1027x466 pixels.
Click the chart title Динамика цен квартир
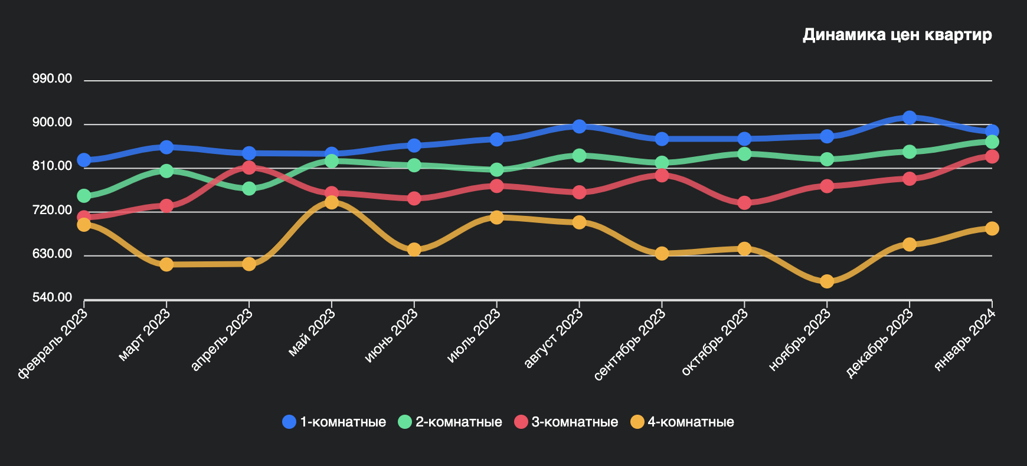click(897, 35)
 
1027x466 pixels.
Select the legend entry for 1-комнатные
click(335, 422)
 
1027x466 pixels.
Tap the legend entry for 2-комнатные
click(450, 422)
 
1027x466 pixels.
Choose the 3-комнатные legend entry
click(567, 422)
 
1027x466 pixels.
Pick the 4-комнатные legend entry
click(683, 422)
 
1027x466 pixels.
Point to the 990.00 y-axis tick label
click(53, 79)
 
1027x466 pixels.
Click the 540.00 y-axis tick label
click(53, 297)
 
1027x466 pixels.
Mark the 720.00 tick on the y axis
click(53, 210)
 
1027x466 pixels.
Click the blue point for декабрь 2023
click(910, 117)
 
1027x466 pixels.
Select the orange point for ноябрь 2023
click(827, 281)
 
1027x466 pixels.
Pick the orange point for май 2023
click(332, 202)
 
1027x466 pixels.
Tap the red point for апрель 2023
click(249, 168)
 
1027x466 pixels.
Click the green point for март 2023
click(166, 171)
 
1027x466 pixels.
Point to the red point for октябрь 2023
click(744, 203)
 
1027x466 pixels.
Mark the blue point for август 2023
click(579, 126)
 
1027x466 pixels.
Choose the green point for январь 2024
click(992, 142)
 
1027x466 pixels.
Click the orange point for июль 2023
click(496, 217)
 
